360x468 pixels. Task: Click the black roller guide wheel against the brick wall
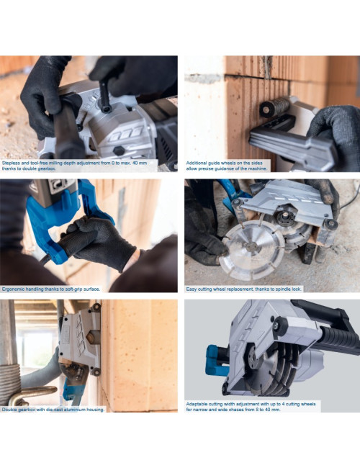pos(274,107)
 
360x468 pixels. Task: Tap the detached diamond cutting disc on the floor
pos(252,250)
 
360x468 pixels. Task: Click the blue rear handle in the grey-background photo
pos(216,361)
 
